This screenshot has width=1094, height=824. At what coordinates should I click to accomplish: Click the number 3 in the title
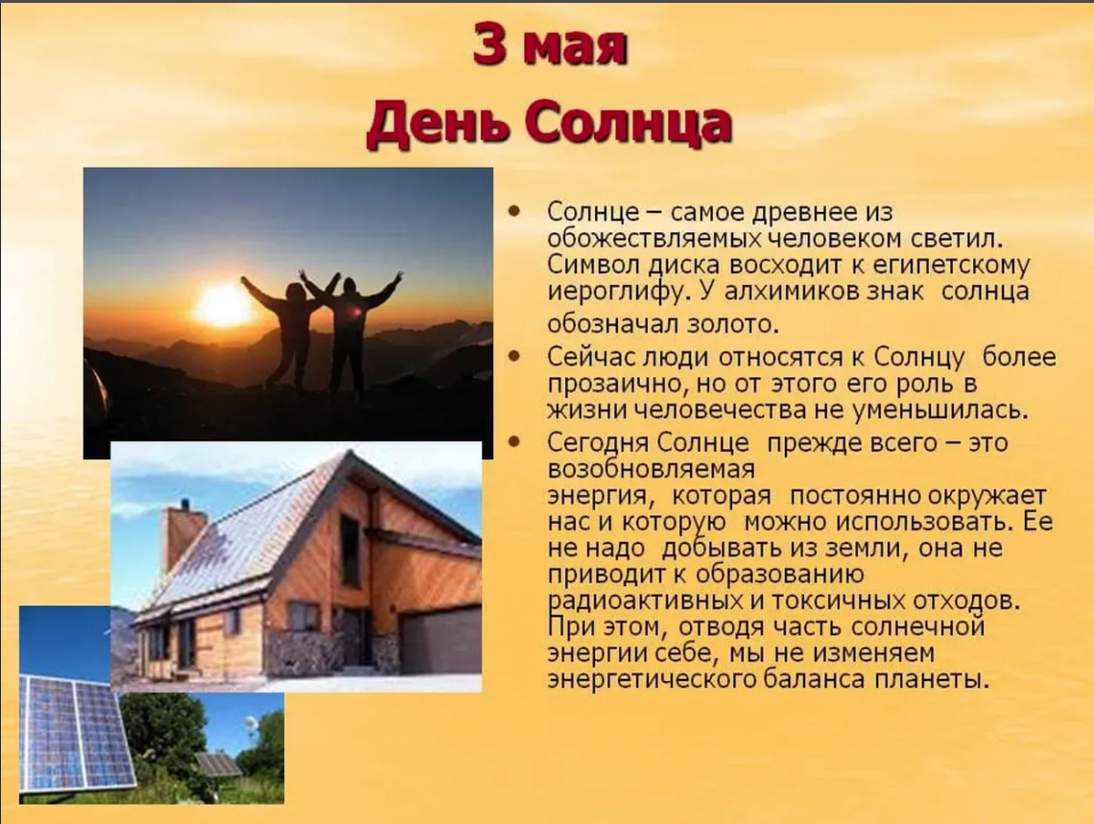489,44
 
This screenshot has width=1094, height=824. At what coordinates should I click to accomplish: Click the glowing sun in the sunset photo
224,305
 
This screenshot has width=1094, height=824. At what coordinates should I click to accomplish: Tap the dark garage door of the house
440,641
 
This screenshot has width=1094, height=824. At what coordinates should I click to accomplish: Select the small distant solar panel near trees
217,765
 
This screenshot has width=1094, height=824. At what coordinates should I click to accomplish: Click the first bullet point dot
515,210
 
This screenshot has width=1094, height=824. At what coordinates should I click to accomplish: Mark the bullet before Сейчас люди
515,356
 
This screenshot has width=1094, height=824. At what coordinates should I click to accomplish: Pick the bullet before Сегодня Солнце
515,441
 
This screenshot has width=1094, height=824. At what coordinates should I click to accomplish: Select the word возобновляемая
651,468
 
